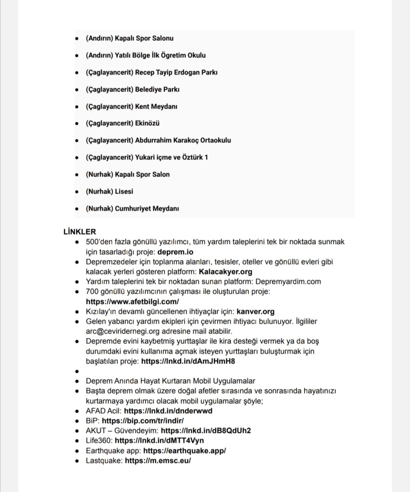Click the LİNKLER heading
pos(80,231)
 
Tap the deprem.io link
pos(175,252)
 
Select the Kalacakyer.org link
pos(225,272)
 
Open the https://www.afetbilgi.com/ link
pos(132,302)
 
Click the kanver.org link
pos(255,311)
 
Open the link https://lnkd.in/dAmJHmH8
pos(188,361)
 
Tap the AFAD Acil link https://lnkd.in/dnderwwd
pos(168,411)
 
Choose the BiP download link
pos(143,421)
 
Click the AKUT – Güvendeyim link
pos(206,431)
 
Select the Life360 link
pos(159,440)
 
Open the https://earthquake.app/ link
pos(184,451)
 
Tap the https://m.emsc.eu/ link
pos(158,461)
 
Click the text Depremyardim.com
pos(288,281)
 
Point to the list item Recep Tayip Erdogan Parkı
pos(176,72)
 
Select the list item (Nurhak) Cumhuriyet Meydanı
pos(132,208)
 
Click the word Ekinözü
pos(147,123)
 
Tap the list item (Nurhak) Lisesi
pos(109,191)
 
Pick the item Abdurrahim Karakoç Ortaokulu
pos(183,140)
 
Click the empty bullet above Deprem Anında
pos(77,371)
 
